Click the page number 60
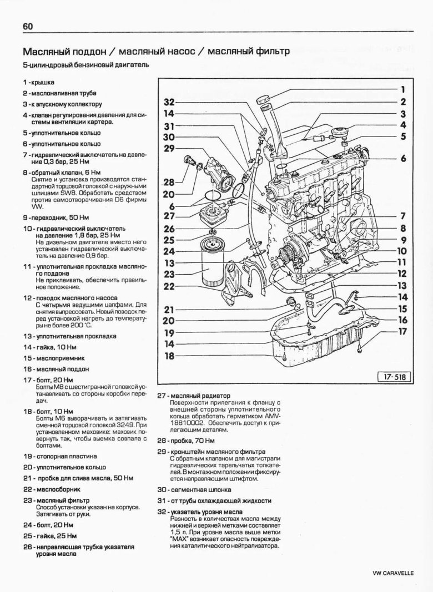coord(28,27)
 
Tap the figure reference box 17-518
coord(392,377)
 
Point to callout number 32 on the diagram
coord(169,102)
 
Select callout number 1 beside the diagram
coord(403,89)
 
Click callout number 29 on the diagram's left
coord(169,148)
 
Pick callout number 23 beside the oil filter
coord(169,274)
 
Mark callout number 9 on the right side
coord(403,240)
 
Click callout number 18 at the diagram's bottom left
coord(169,356)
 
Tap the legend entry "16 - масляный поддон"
coord(56,369)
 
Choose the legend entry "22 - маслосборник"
coord(52,489)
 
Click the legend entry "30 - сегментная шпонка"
coord(194,490)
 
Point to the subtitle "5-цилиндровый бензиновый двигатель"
coord(85,65)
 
